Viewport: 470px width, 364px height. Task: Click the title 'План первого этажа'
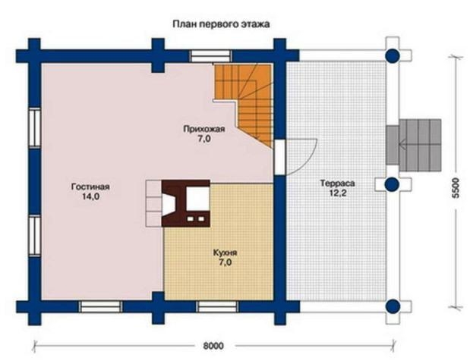click(221, 24)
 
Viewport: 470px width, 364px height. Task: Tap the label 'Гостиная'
click(90, 187)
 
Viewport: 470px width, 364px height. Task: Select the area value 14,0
click(90, 196)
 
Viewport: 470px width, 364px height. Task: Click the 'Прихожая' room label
click(204, 130)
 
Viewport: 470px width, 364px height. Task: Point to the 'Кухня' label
click(225, 253)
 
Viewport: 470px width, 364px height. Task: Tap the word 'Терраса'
click(338, 183)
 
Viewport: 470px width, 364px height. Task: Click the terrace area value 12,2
click(338, 193)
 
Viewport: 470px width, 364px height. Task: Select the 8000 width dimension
click(213, 346)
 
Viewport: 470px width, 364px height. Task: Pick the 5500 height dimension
click(456, 188)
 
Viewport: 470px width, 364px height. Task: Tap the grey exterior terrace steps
click(414, 145)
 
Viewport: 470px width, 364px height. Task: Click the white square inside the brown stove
click(197, 198)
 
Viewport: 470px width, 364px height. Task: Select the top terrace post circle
click(392, 55)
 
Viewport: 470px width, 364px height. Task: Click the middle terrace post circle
click(392, 184)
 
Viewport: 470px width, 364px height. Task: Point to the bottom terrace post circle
click(392, 306)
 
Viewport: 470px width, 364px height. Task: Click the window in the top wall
click(211, 56)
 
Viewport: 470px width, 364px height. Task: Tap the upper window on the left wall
click(34, 127)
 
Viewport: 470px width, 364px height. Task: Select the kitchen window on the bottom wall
click(218, 306)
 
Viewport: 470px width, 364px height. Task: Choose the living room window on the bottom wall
click(101, 306)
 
